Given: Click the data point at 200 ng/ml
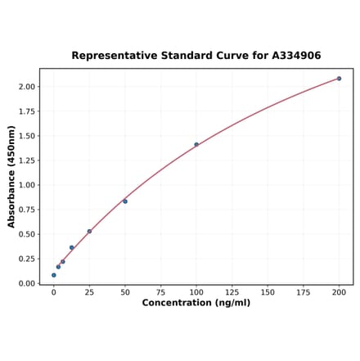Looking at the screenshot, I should coord(339,79).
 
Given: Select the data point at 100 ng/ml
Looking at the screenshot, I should coord(196,145).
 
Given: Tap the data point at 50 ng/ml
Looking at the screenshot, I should coord(125,201).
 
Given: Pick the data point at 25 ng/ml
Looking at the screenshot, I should coord(89,232).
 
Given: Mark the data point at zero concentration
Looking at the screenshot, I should coord(54,275).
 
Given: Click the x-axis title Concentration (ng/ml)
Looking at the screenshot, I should coord(196,303).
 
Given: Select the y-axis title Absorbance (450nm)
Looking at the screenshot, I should coord(11,177).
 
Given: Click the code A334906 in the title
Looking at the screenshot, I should coord(292,56).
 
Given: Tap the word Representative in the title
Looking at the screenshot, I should coord(111,56).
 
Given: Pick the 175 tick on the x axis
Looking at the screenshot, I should coord(304,291).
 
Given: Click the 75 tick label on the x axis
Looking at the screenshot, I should coord(161,291).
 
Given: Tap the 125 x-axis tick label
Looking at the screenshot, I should coord(232,291).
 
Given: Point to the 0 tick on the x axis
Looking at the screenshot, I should coord(54,291).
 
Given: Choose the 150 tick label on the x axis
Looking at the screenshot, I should coord(268,291).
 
